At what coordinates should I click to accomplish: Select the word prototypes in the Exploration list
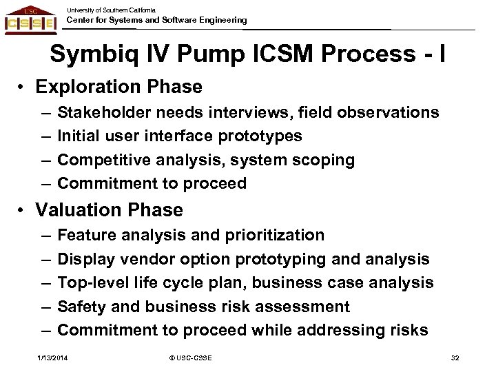pyautogui.click(x=265, y=136)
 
